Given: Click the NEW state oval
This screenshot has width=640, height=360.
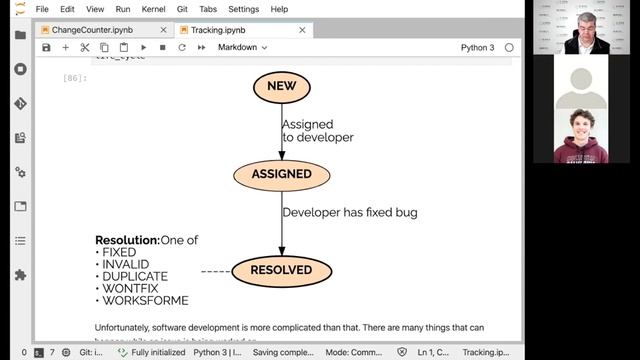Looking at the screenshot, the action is tap(281, 86).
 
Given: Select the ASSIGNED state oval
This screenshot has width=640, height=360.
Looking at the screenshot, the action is tap(281, 174).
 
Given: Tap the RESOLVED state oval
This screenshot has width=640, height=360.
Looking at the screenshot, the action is tap(281, 270).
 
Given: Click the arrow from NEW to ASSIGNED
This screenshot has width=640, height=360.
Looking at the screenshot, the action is tap(281, 130).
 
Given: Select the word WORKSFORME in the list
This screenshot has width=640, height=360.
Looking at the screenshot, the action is tap(145, 301).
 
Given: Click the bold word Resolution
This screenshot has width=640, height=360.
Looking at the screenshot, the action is tap(127, 241).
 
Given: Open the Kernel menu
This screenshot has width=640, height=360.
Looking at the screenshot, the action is tap(153, 9).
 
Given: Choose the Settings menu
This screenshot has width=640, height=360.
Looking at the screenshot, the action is tap(243, 9).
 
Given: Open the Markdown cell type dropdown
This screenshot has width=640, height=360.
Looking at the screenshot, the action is tap(243, 47).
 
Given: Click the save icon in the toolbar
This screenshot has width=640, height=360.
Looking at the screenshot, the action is tap(47, 47).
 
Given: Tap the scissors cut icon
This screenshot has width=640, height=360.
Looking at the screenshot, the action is tap(85, 47).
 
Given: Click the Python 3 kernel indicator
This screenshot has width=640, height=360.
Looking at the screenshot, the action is tap(477, 47).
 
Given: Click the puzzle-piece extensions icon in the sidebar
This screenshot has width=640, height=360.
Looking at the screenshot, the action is tap(20, 275).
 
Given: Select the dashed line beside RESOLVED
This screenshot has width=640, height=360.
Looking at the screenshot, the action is tap(215, 271).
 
